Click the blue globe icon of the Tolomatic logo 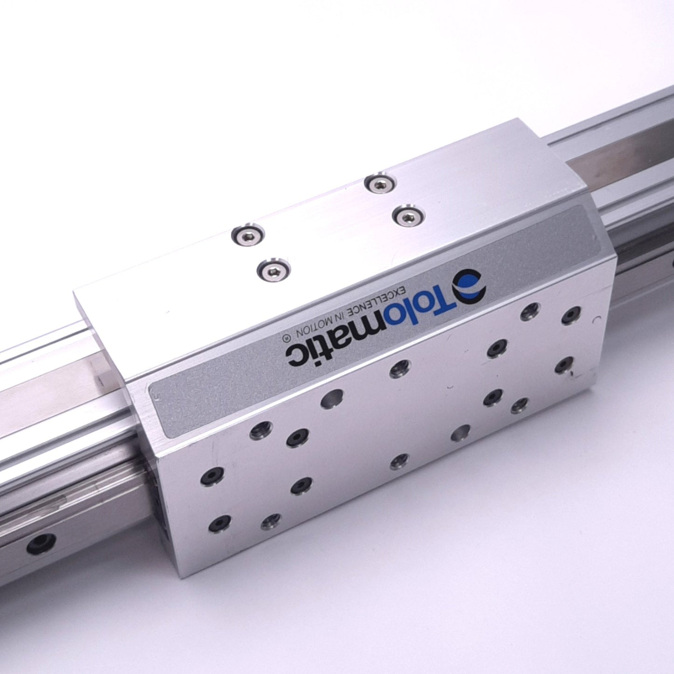tap(469, 286)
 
